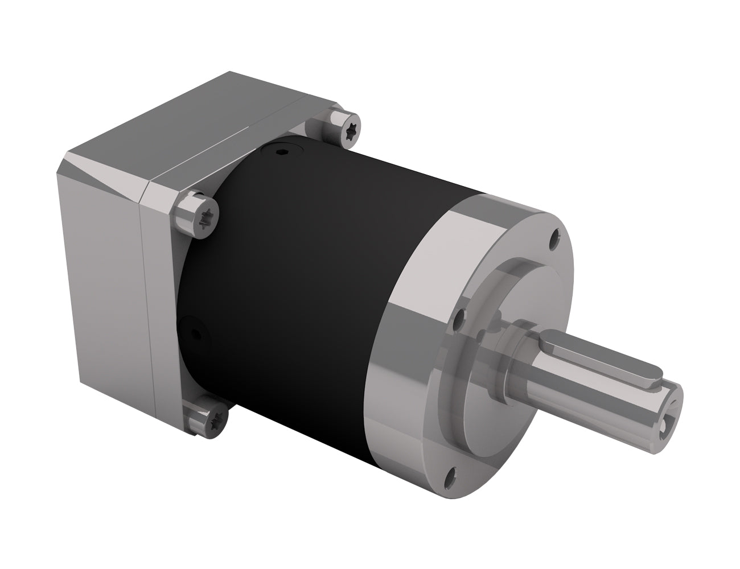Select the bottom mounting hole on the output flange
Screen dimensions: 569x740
[451, 472]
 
